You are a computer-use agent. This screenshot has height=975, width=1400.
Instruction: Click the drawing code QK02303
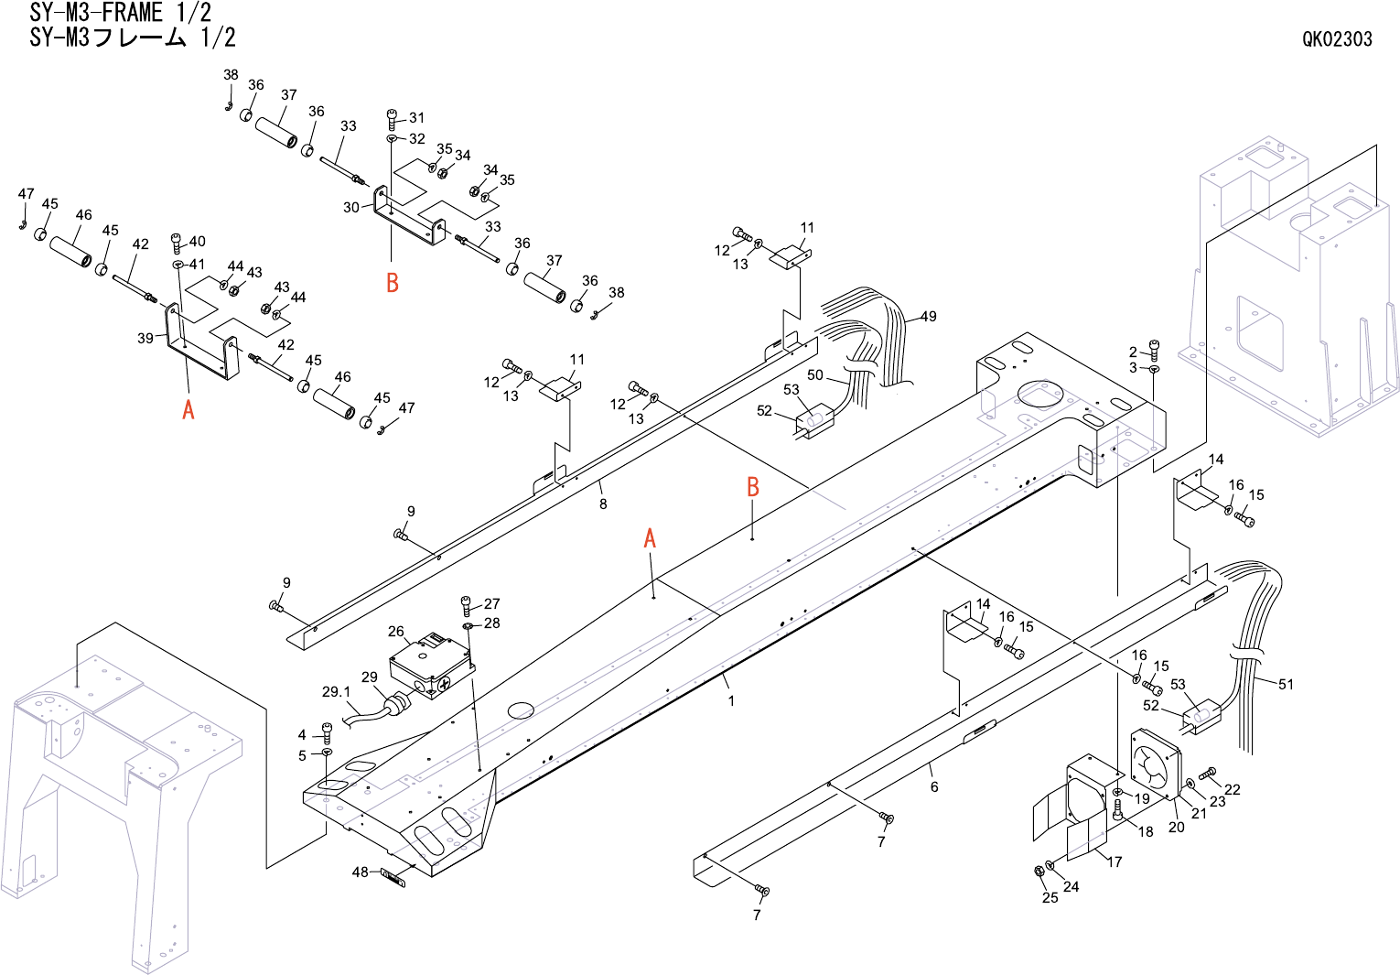1337,38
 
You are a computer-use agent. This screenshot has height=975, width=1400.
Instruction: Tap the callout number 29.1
336,692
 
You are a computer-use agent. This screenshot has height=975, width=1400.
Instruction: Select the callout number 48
361,872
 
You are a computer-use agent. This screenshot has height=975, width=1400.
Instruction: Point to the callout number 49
929,317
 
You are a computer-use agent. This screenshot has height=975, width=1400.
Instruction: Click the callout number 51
1286,684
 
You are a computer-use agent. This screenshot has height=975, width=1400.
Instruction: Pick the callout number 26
395,632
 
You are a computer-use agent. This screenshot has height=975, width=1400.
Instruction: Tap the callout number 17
1115,861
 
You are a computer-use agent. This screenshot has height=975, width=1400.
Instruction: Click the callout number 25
1050,897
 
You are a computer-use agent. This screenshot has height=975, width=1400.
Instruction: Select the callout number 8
603,504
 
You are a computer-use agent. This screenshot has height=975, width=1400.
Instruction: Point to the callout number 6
934,786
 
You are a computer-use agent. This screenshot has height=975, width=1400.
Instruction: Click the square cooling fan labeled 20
1156,764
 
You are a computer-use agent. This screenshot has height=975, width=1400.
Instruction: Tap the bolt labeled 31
393,118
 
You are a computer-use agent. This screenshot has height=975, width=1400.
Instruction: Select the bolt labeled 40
178,243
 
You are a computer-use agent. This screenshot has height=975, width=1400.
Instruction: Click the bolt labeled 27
467,604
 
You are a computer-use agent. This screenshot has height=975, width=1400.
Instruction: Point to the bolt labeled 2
1154,349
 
